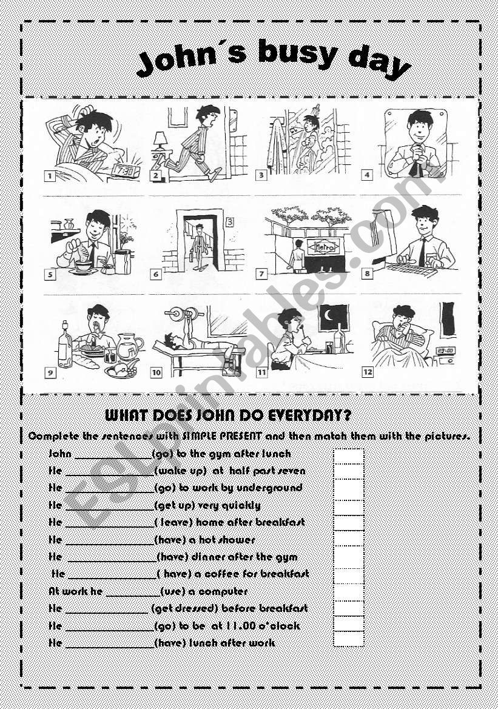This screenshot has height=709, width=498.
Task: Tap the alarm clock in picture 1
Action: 125,171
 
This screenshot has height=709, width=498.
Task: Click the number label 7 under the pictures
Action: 262,274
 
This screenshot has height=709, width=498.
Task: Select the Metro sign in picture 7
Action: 325,246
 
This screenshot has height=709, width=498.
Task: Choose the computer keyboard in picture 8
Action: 412,268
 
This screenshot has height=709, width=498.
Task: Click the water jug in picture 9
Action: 129,348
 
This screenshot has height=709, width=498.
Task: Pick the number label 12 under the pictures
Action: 368,372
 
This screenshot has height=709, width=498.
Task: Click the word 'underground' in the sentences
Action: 277,488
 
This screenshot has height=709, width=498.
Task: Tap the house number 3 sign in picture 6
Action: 229,221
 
